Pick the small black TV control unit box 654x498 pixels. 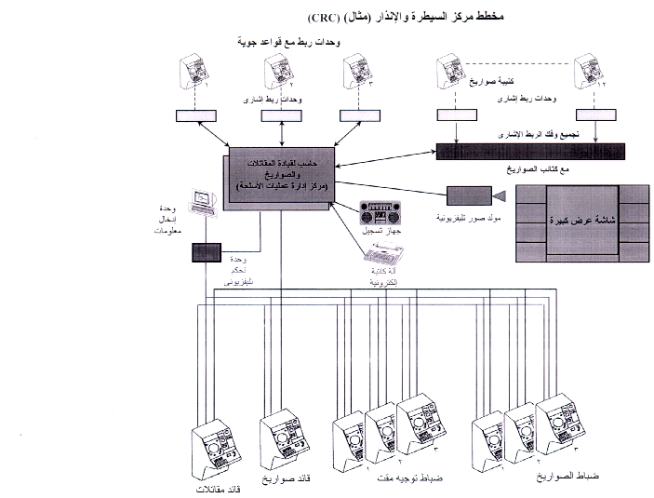pos(203,252)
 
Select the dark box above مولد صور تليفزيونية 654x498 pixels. pos(468,195)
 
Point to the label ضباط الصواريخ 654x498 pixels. pos(567,477)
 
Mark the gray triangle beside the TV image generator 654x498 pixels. pos(499,196)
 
